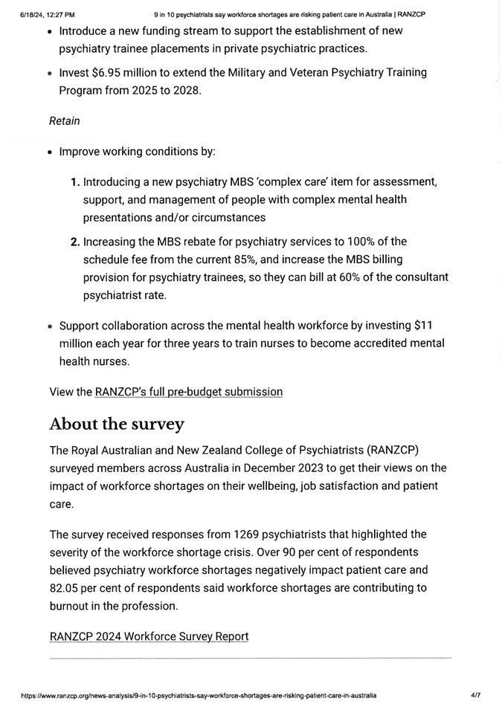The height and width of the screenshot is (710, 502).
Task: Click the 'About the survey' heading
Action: pos(116,424)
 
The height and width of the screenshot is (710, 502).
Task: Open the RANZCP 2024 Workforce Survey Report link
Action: pos(149,636)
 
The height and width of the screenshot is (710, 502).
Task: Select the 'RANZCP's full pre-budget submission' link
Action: pos(189,391)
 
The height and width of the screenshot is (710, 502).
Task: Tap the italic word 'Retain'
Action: pos(65,120)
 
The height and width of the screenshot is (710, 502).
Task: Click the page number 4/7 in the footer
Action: pos(475,696)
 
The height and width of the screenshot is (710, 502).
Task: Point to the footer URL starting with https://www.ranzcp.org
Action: pos(198,696)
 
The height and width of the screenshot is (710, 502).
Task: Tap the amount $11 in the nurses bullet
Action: pos(422,326)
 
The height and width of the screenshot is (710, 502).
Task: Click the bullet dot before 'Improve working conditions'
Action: pos(49,152)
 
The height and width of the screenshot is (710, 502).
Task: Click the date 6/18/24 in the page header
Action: pos(33,14)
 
